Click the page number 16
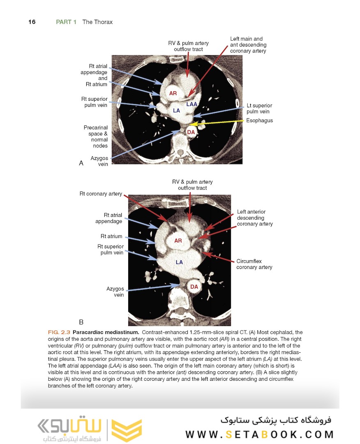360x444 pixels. coord(32,22)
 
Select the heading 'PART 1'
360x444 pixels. coord(66,22)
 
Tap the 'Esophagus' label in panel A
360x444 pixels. coord(259,120)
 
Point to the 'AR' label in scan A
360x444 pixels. coord(173,93)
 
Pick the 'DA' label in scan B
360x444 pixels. coord(194,286)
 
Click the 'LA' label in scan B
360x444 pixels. coord(179,262)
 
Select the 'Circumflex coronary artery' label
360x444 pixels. coord(254,264)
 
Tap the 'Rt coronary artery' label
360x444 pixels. coord(101,194)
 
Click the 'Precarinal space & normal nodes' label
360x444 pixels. coord(96,136)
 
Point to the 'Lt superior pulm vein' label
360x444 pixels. coord(259,109)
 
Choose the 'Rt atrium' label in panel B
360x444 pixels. coord(111,236)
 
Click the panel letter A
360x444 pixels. coord(81,163)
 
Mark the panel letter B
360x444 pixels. coord(81,321)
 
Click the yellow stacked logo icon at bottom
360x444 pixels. coord(127,430)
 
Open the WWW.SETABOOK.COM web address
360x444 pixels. coord(259,435)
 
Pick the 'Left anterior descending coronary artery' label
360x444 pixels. coord(255,218)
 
